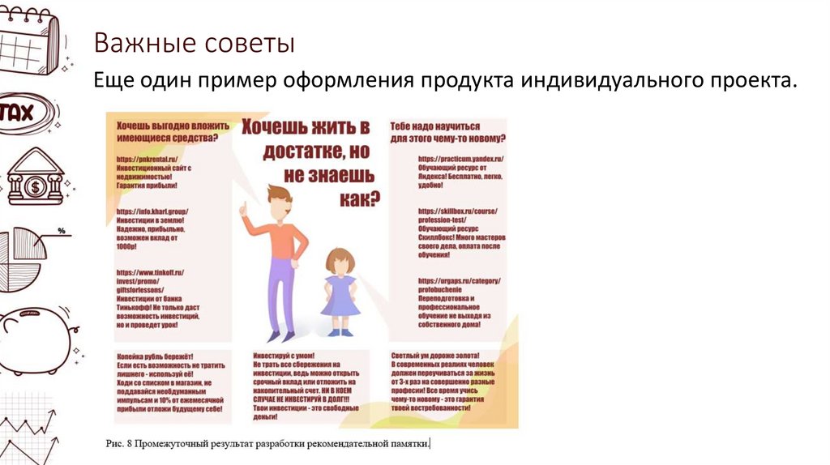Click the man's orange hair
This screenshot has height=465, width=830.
click(280, 197)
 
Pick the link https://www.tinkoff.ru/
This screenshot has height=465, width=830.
click(150, 273)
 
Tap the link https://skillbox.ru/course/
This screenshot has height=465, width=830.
click(458, 211)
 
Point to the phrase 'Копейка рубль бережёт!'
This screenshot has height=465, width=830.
click(155, 356)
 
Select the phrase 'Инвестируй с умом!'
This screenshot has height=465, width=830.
click(284, 356)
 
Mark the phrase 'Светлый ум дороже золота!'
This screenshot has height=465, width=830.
click(435, 356)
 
